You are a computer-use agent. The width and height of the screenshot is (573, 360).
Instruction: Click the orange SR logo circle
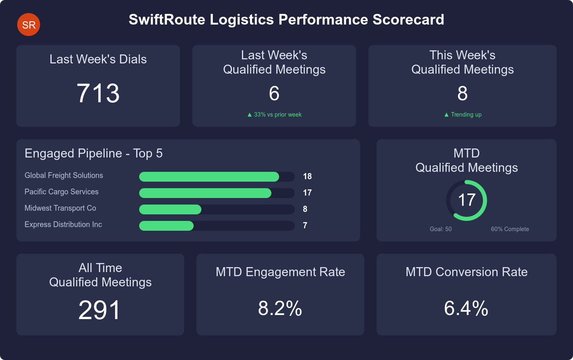click(29, 25)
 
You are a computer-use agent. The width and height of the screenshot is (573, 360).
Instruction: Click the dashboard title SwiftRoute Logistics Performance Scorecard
click(286, 20)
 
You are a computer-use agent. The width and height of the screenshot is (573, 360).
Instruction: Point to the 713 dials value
click(98, 93)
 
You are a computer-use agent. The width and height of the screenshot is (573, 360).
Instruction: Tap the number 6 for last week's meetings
click(274, 94)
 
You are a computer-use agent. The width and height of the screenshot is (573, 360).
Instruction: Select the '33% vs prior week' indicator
click(275, 115)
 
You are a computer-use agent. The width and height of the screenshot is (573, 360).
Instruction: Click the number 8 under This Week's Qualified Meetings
click(462, 94)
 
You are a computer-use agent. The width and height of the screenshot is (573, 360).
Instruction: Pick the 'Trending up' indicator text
click(463, 115)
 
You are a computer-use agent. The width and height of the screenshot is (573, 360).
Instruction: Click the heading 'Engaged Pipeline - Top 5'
click(94, 153)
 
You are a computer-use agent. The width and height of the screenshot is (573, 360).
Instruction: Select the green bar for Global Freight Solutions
click(209, 177)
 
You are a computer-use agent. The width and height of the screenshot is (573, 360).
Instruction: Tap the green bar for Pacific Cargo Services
click(205, 193)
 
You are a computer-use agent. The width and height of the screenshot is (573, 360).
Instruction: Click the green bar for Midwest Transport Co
click(170, 209)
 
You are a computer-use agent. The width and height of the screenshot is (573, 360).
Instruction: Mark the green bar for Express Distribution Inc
click(166, 226)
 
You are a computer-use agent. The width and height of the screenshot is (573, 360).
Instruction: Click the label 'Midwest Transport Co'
click(60, 208)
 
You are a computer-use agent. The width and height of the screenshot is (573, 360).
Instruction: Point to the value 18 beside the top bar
click(307, 176)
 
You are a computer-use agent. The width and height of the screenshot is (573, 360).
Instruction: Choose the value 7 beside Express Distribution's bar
click(305, 225)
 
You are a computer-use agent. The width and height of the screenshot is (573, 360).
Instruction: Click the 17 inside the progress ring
click(467, 200)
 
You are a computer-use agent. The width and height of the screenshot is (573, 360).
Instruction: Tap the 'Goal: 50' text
click(441, 229)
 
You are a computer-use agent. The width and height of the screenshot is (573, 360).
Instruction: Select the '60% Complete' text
click(510, 229)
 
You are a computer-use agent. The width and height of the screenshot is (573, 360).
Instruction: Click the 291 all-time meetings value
click(100, 310)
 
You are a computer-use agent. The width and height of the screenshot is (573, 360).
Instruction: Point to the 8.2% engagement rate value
click(280, 308)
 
